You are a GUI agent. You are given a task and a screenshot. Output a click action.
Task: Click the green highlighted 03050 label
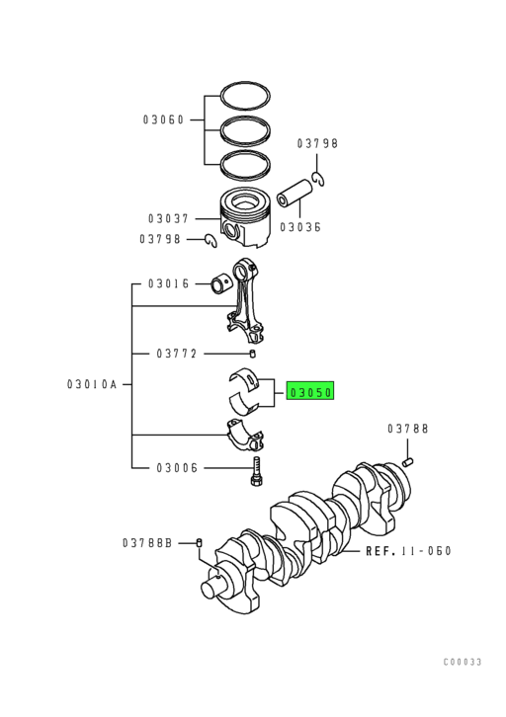coord(311,392)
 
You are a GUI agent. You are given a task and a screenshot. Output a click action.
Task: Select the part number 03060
coord(164,120)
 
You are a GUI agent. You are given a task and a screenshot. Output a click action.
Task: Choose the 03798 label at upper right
coord(317,143)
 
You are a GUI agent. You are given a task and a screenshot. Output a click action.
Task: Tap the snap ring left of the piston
coord(210,239)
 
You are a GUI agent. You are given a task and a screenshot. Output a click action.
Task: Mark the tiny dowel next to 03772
coord(254,354)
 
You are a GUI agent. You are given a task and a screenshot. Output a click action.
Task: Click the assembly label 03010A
coord(95,383)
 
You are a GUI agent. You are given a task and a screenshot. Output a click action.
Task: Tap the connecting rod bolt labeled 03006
coord(255,470)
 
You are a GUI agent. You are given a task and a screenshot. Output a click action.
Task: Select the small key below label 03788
coord(406,458)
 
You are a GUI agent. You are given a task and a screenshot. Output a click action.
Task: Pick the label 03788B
coord(147,542)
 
